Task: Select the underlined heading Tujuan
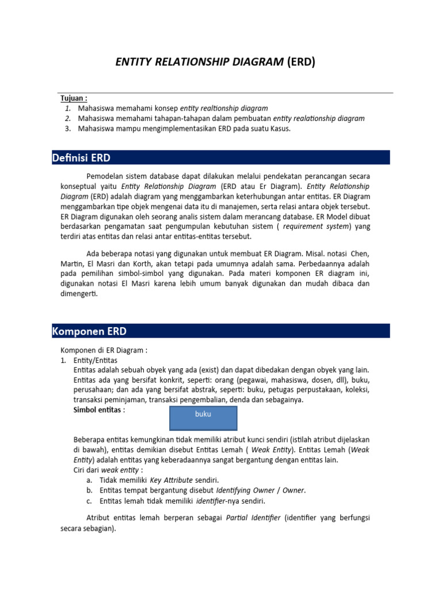tap(74, 99)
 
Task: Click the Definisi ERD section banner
tap(221, 157)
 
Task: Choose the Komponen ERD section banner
tap(221, 331)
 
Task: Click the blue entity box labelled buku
tap(203, 418)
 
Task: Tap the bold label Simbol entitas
tap(99, 410)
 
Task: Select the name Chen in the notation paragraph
tap(359, 254)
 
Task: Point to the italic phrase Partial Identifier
tap(253, 518)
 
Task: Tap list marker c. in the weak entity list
tap(90, 501)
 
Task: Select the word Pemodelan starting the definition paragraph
tap(104, 176)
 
